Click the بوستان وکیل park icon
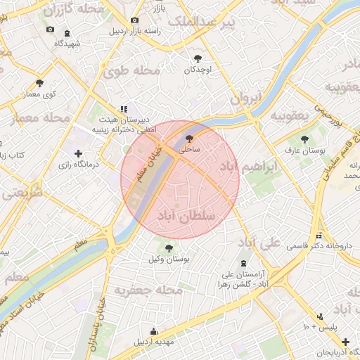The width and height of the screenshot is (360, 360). pos(168,247)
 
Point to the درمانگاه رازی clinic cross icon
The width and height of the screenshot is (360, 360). pos(78,153)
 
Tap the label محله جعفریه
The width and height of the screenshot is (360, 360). pos(144,290)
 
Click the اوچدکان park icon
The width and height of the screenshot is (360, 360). pos(198,58)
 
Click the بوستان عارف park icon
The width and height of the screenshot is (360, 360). pos(304,139)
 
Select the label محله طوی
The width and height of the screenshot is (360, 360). pos(131,71)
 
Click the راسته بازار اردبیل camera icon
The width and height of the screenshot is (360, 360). pos(134,21)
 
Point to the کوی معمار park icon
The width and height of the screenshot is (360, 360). pos(39,83)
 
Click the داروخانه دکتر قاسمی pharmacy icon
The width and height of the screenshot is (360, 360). pos(320,236)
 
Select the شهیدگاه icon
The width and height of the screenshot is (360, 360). pos(67,33)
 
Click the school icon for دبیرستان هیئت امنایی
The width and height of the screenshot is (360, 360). pos(124,109)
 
